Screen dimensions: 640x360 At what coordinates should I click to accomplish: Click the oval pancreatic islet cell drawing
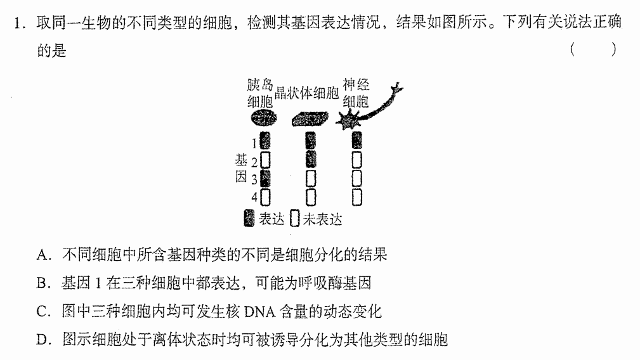pos(264,119)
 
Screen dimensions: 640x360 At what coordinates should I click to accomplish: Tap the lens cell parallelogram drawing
pos(310,119)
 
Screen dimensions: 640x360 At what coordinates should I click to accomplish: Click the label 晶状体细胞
pos(307,93)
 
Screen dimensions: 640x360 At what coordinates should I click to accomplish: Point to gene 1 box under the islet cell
pos(265,140)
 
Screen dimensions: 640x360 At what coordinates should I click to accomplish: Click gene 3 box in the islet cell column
pos(265,178)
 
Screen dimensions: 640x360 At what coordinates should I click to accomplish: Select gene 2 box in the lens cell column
pos(311,159)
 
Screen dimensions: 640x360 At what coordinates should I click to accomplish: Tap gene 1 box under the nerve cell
pos(356,140)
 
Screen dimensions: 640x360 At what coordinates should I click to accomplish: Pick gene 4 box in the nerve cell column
pos(356,197)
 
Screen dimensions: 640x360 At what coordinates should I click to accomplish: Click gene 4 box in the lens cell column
pos(311,197)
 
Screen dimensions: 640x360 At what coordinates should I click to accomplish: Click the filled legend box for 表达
pos(249,218)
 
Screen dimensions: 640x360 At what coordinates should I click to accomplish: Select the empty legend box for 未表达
pos(295,219)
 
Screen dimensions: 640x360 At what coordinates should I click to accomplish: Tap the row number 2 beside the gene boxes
pos(254,162)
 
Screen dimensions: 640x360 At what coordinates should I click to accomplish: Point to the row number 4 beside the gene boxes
pos(254,197)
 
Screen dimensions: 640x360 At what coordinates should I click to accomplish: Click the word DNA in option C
pos(259,312)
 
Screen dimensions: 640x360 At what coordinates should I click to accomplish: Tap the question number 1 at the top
pos(18,23)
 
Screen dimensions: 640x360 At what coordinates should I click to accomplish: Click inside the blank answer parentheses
pos(593,49)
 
